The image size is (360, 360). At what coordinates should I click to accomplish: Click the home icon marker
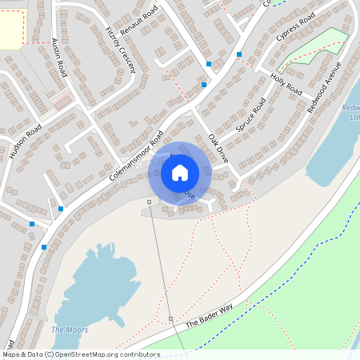180,172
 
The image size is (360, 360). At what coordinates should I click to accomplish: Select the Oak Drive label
218,149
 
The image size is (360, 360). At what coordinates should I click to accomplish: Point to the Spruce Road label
250,116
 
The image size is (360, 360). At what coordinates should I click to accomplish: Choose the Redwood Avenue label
324,86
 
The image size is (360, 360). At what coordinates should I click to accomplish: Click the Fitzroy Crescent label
121,49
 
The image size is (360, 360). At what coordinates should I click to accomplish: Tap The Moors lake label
70,330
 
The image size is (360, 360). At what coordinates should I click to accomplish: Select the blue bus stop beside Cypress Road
238,54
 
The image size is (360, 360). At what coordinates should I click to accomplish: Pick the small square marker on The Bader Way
170,318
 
